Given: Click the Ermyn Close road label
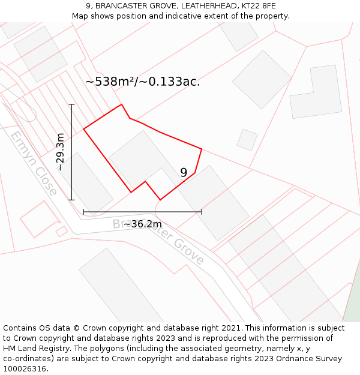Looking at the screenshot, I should click(x=34, y=163).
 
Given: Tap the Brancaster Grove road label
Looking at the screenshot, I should click(x=159, y=241).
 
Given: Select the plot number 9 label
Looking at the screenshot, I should click(x=184, y=173).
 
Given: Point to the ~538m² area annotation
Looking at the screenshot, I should click(x=142, y=82).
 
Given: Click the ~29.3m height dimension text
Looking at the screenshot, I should click(x=60, y=152).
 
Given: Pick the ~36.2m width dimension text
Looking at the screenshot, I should click(x=143, y=224).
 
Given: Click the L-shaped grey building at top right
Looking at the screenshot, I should click(x=314, y=92).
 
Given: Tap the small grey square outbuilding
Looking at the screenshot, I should click(x=247, y=140).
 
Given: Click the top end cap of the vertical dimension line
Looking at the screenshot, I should click(x=71, y=104).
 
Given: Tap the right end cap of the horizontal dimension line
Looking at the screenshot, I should click(x=202, y=212).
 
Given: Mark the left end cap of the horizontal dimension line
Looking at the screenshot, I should click(x=83, y=212).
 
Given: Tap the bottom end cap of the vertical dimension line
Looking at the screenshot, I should click(x=71, y=200).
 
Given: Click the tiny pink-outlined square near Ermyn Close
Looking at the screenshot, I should click(x=61, y=231).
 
